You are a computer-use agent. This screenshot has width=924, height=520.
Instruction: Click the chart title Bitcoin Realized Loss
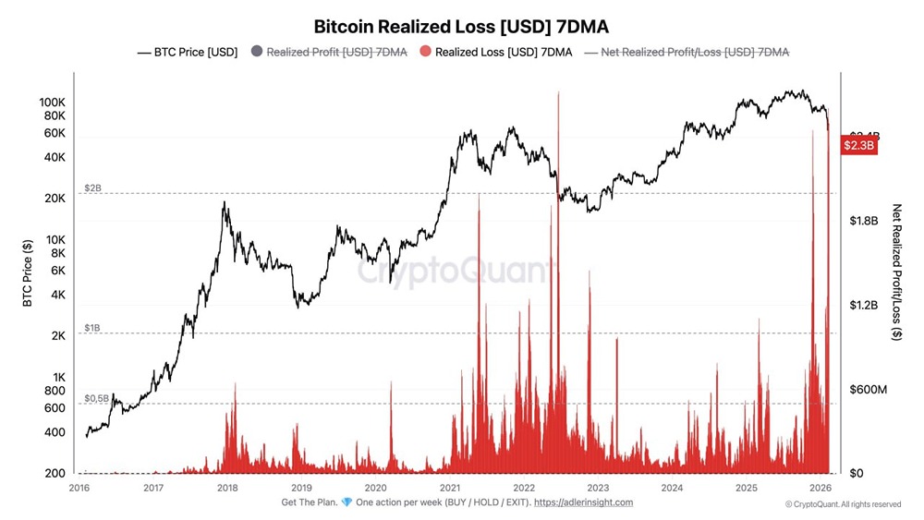(461, 26)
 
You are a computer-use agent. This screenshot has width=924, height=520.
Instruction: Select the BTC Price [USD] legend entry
(187, 53)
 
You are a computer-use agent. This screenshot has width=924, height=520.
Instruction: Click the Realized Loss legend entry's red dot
(425, 53)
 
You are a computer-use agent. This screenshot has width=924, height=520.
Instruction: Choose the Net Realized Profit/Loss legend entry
(694, 53)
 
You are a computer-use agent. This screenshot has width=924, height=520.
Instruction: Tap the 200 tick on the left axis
(54, 474)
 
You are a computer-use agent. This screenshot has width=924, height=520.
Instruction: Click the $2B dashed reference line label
(93, 187)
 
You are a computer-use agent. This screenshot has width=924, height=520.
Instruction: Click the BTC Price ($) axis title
(28, 272)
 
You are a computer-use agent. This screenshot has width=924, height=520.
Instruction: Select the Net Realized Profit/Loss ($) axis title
(895, 272)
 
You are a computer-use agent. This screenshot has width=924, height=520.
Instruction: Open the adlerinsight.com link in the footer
(584, 502)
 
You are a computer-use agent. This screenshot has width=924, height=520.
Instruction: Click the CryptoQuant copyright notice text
(843, 504)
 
